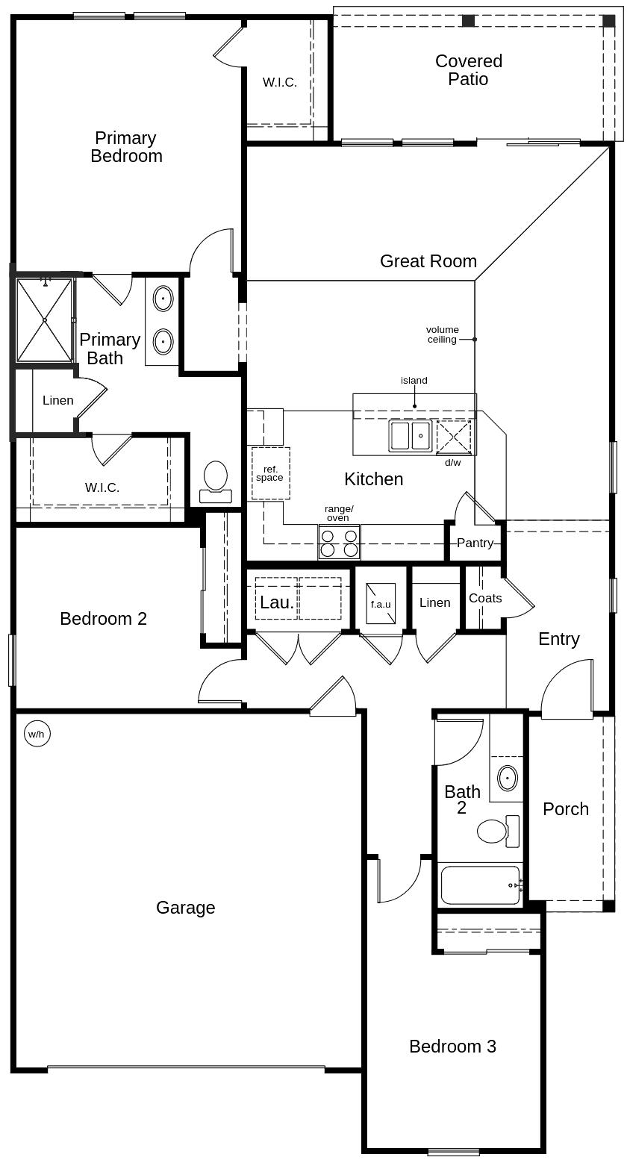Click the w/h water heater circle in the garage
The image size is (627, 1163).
click(x=37, y=734)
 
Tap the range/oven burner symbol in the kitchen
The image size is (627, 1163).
click(x=339, y=542)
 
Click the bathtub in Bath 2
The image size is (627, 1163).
click(x=480, y=885)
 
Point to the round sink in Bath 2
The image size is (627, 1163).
click(x=508, y=778)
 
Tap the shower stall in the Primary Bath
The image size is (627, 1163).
click(x=45, y=319)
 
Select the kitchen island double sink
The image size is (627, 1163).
click(x=410, y=435)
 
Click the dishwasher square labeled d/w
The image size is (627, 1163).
click(x=454, y=437)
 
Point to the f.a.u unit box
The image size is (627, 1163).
click(x=381, y=604)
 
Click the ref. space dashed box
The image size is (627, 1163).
click(x=270, y=473)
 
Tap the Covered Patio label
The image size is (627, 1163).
click(x=469, y=70)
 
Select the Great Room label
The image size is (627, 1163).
click(x=428, y=261)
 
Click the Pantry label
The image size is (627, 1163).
click(x=475, y=543)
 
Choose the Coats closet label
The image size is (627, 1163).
click(x=485, y=598)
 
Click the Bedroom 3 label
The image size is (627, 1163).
click(x=452, y=1047)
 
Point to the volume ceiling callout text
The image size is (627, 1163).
click(x=443, y=334)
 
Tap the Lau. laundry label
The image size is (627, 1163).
click(x=276, y=602)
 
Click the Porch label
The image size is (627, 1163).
click(x=566, y=809)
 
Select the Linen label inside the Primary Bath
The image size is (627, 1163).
click(x=57, y=401)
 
